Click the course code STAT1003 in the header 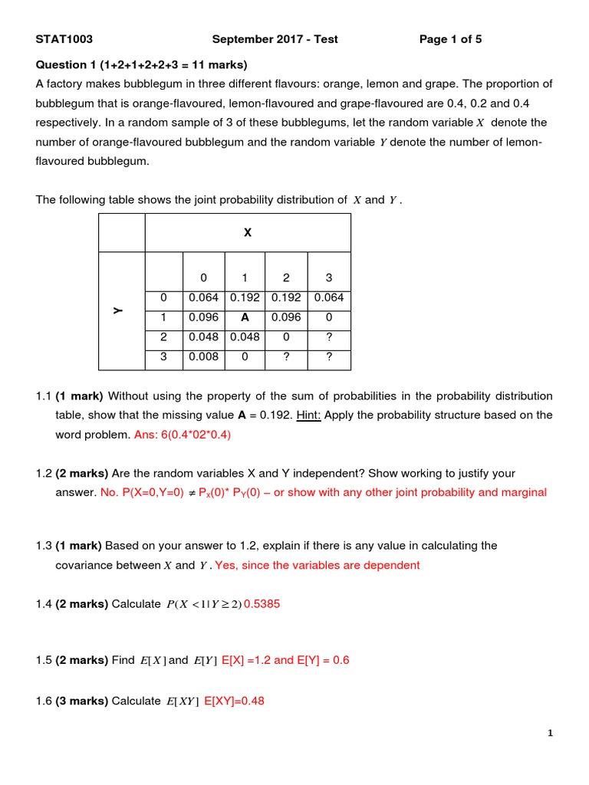[x=64, y=39]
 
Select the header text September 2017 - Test [x=275, y=39]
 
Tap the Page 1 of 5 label [x=450, y=39]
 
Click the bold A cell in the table [x=245, y=317]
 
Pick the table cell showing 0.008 [x=203, y=356]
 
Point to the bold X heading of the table [x=247, y=232]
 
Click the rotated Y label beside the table [x=117, y=310]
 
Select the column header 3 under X [x=329, y=278]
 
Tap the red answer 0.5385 [x=262, y=603]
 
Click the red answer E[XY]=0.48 [x=235, y=700]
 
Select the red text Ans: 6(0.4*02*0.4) [x=183, y=434]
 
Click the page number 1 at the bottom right [x=550, y=734]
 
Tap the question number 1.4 [x=44, y=603]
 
